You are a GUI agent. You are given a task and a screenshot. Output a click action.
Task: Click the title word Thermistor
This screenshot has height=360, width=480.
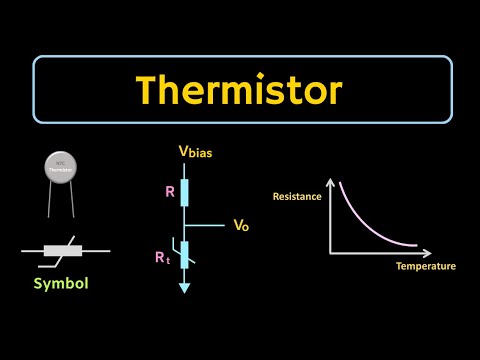pyautogui.click(x=240, y=92)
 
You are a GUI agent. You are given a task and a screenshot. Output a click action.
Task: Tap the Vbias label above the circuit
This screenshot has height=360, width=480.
pyautogui.click(x=196, y=152)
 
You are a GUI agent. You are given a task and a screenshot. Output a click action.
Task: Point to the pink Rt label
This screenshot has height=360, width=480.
pyautogui.click(x=162, y=257)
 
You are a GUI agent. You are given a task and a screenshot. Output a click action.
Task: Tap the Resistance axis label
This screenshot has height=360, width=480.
pyautogui.click(x=296, y=196)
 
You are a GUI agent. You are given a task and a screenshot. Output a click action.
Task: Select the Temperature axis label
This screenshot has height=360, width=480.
pyautogui.click(x=425, y=266)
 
